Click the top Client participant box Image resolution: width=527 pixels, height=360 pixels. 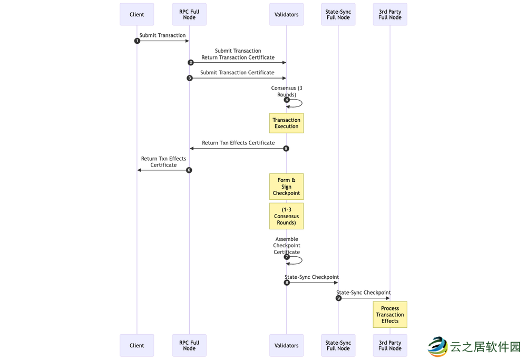(x=136, y=14)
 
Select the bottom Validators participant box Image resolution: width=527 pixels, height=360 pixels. (x=286, y=345)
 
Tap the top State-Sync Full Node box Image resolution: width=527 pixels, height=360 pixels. (x=338, y=14)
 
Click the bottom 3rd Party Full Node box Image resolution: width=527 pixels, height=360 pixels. (x=390, y=345)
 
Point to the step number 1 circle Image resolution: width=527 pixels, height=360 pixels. (x=138, y=41)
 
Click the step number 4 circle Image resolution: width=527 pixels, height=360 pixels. (x=287, y=100)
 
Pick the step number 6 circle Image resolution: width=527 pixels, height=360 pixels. (x=189, y=170)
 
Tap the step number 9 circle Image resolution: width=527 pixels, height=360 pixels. (x=339, y=298)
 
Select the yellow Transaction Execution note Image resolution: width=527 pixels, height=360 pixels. (x=286, y=123)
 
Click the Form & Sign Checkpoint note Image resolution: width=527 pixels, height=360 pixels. (x=286, y=187)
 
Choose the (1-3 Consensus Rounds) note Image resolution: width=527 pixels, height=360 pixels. (x=286, y=216)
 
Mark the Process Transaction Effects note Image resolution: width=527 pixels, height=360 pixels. (x=390, y=315)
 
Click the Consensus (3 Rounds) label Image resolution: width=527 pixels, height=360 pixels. (x=287, y=91)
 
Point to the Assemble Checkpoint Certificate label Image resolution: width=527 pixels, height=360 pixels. (x=287, y=246)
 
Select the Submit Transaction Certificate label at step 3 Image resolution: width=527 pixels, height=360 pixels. (x=237, y=73)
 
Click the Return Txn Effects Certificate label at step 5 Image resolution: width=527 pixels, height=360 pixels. (x=238, y=143)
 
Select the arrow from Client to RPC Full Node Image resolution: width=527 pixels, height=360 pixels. (x=163, y=41)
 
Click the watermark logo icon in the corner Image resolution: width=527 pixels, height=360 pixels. (x=437, y=346)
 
